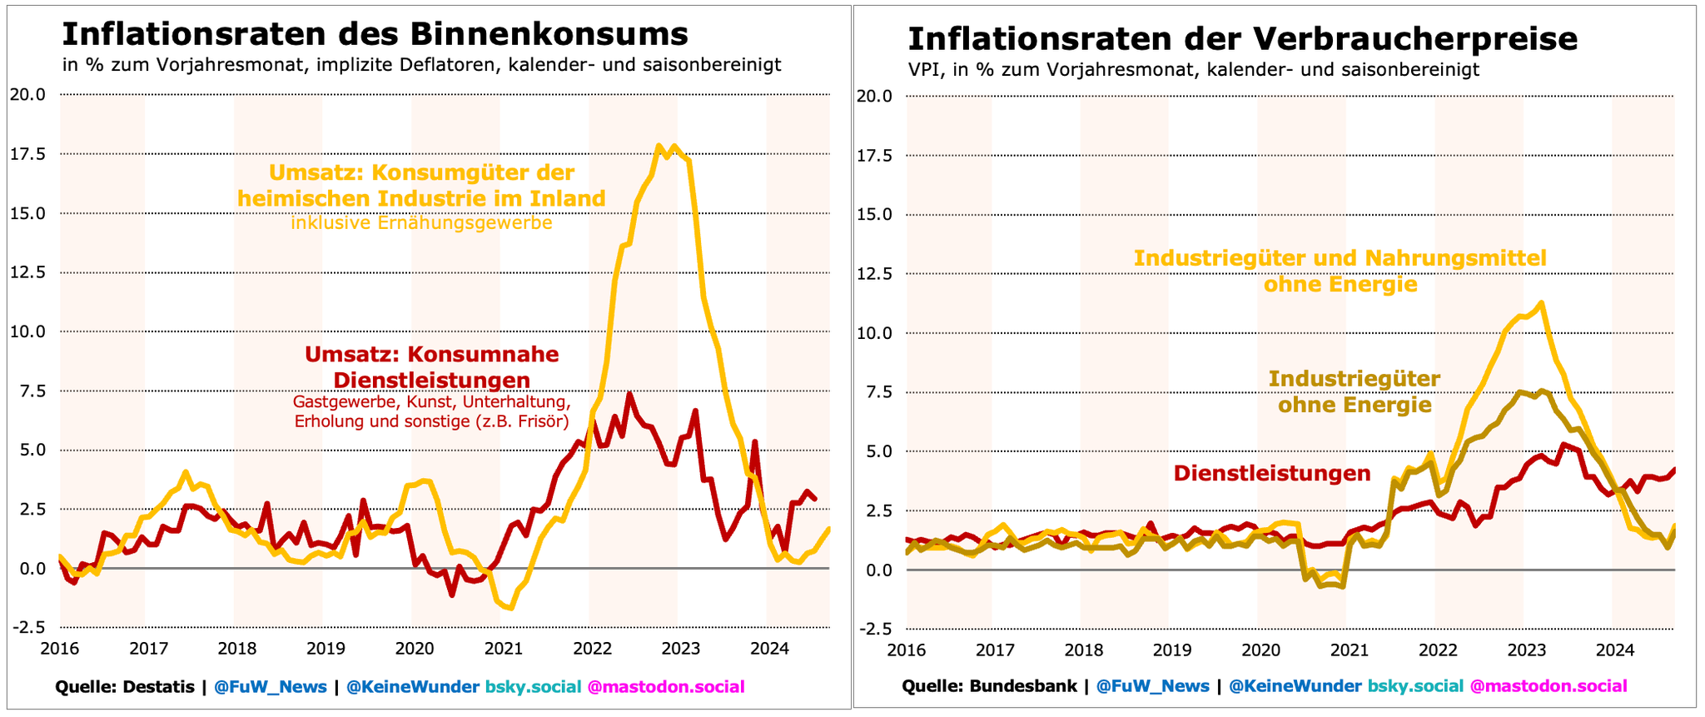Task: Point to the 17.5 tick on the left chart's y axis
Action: [27, 154]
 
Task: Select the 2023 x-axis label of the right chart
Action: [1527, 650]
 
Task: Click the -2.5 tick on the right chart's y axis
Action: [875, 629]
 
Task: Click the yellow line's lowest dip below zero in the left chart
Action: [510, 608]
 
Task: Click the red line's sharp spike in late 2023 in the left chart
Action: [754, 442]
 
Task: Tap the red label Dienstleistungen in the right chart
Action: [1271, 474]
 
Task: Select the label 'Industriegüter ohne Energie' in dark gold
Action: [1354, 392]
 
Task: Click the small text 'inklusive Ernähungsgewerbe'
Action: [421, 224]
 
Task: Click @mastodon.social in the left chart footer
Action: [666, 687]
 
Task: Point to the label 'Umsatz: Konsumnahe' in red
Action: [431, 354]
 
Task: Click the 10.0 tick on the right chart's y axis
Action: [875, 333]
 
